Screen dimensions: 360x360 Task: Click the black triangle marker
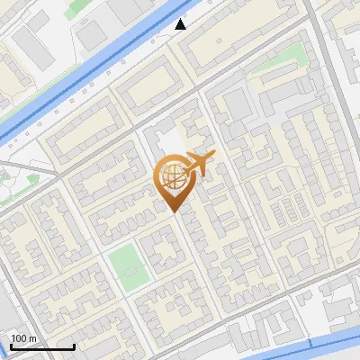point(181,24)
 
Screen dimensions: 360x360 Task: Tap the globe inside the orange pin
point(172,177)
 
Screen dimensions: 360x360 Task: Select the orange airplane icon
point(200,164)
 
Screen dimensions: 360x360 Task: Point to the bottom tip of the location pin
point(173,211)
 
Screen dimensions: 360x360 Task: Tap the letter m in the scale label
point(33,337)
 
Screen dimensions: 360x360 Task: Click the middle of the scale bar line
point(42,346)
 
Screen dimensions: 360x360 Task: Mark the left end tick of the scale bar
point(11,346)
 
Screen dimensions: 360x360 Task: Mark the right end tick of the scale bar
point(74,346)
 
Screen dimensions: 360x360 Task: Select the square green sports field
point(124,266)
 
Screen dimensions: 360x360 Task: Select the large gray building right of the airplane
point(237,106)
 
